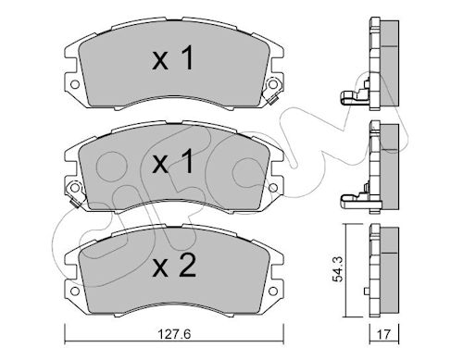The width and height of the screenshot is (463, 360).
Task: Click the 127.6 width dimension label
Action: point(174,334)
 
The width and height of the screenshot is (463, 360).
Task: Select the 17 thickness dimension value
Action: point(384,334)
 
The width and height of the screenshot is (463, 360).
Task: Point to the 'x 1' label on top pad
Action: point(173,58)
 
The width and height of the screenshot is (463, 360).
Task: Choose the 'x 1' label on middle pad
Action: point(173,161)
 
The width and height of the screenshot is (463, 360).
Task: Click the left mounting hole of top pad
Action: point(75,84)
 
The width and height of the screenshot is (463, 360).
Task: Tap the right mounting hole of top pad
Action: point(272,84)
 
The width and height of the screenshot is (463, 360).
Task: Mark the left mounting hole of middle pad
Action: point(75,187)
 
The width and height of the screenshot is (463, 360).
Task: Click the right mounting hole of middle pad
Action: point(272,187)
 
